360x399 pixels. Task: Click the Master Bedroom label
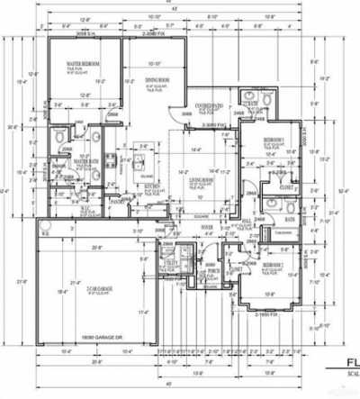coord(82,65)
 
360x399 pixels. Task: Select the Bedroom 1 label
coord(274,142)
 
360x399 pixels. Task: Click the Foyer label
coord(206,227)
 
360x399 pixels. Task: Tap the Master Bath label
coord(86,161)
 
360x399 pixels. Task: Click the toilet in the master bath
coord(59,135)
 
